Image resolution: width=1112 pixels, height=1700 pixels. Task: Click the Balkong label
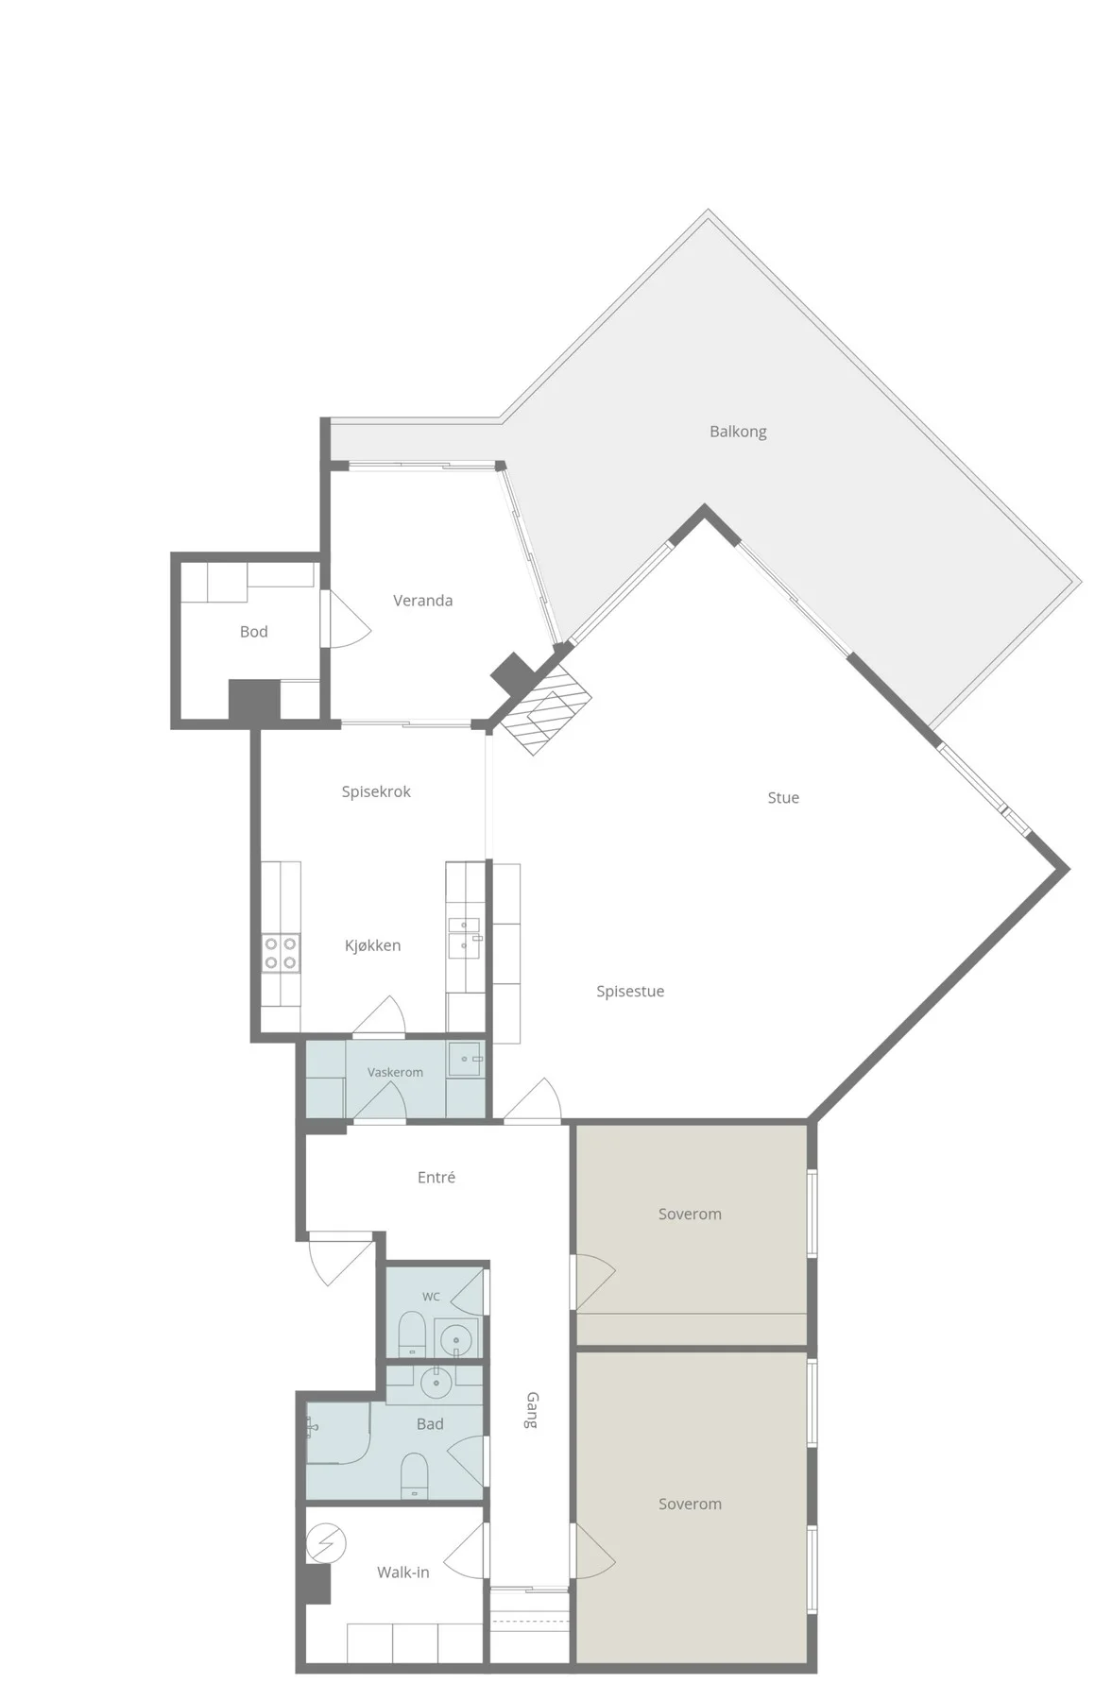pyautogui.click(x=738, y=432)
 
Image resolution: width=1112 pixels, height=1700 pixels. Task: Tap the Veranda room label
pyautogui.click(x=422, y=601)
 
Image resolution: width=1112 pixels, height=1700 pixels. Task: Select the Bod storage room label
pyautogui.click(x=253, y=632)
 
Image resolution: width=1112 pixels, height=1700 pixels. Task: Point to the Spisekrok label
pyautogui.click(x=376, y=791)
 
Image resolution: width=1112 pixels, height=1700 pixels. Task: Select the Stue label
pyautogui.click(x=783, y=798)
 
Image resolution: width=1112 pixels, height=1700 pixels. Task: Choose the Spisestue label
pyautogui.click(x=630, y=992)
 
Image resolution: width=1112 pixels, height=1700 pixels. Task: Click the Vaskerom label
pyautogui.click(x=395, y=1073)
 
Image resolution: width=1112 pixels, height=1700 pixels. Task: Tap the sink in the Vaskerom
pyautogui.click(x=465, y=1059)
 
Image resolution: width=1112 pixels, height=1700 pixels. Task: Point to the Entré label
pyautogui.click(x=436, y=1178)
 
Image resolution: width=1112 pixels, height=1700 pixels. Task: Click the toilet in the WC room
pyautogui.click(x=412, y=1333)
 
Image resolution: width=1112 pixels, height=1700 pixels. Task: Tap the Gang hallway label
pyautogui.click(x=532, y=1410)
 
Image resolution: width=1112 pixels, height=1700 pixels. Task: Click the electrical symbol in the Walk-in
pyautogui.click(x=326, y=1544)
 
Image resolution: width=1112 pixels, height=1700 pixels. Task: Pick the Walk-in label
pyautogui.click(x=403, y=1572)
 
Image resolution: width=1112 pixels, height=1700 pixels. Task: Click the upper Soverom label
pyautogui.click(x=690, y=1215)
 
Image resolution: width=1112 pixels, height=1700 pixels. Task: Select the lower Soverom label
pyautogui.click(x=690, y=1504)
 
